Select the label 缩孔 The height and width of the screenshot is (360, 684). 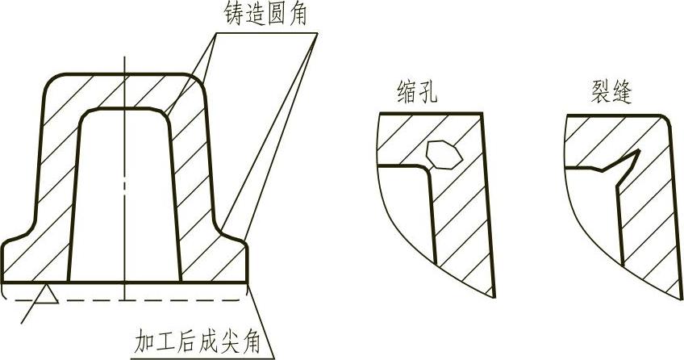417,91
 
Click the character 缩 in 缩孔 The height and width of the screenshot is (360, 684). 407,91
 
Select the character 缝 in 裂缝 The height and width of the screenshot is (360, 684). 622,91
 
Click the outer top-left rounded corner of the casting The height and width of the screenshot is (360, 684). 50,82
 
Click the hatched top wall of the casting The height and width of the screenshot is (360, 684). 121,91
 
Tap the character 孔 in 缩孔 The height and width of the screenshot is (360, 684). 427,91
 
